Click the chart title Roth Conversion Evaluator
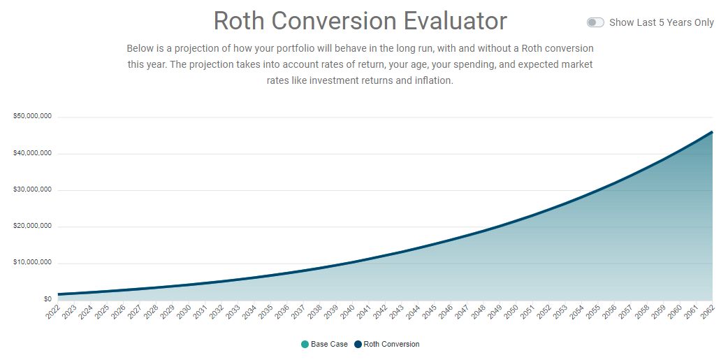(360, 21)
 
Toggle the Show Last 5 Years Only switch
(595, 22)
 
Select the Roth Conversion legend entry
(387, 344)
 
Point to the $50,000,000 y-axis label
(33, 116)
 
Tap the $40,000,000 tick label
(33, 153)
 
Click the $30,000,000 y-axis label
(33, 189)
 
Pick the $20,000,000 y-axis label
(33, 226)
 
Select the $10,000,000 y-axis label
(33, 263)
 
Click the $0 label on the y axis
(47, 299)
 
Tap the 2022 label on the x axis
(53, 312)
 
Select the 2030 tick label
(184, 312)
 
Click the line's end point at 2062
(712, 131)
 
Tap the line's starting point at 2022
(59, 294)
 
